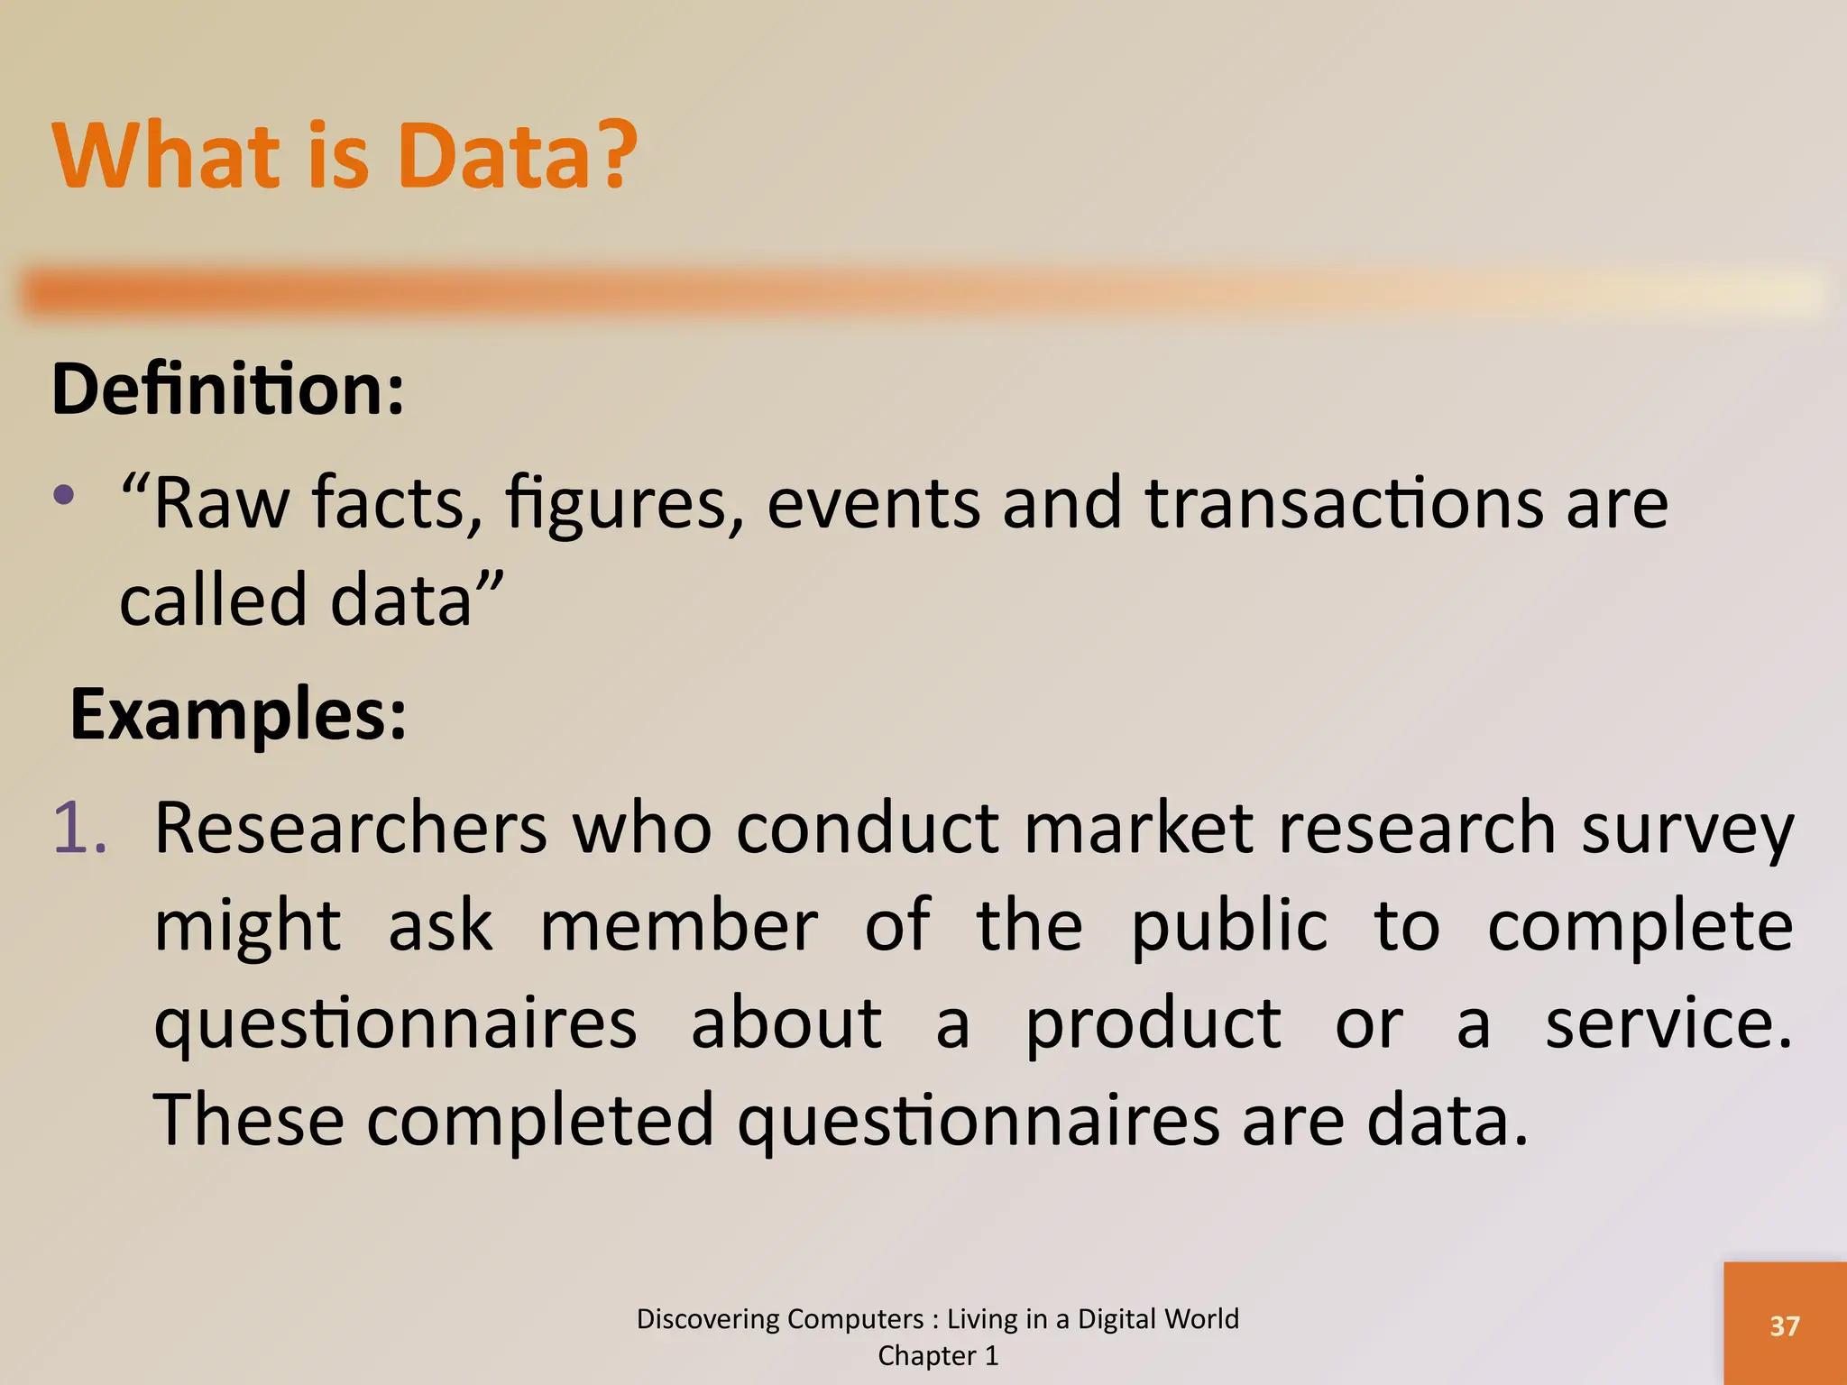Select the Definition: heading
pos(228,390)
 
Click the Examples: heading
pos(238,714)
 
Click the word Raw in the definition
pos(222,503)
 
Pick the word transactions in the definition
pos(1345,503)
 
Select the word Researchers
pos(350,828)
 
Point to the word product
pos(1153,1026)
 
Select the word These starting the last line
pos(249,1120)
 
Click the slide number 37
pos(1784,1325)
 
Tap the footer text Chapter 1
pos(938,1355)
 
